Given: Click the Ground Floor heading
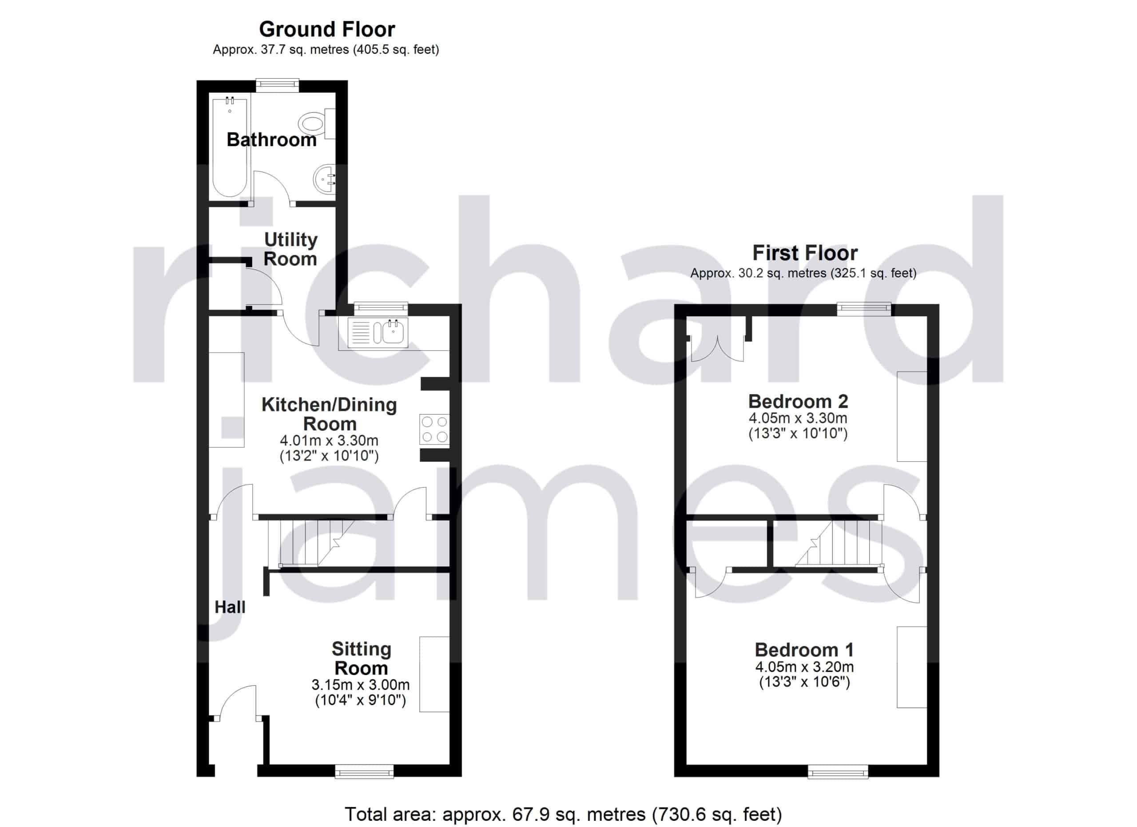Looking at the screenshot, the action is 327,30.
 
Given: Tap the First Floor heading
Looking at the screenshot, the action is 805,253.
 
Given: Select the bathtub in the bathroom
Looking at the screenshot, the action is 230,147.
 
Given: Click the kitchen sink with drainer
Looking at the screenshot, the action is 378,332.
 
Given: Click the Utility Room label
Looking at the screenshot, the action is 290,249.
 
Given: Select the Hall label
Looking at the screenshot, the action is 230,608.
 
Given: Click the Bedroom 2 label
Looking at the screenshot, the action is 798,402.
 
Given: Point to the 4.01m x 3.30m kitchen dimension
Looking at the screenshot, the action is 329,441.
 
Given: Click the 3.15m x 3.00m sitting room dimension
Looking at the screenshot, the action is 361,685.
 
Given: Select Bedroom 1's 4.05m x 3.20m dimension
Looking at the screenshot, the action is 804,667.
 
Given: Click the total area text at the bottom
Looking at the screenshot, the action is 563,815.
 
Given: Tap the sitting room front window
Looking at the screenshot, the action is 365,771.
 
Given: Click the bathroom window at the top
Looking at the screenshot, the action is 277,86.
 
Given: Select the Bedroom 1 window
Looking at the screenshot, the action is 838,771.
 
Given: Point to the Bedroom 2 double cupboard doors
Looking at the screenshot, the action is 717,349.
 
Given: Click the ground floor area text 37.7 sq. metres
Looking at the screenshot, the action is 281,50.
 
